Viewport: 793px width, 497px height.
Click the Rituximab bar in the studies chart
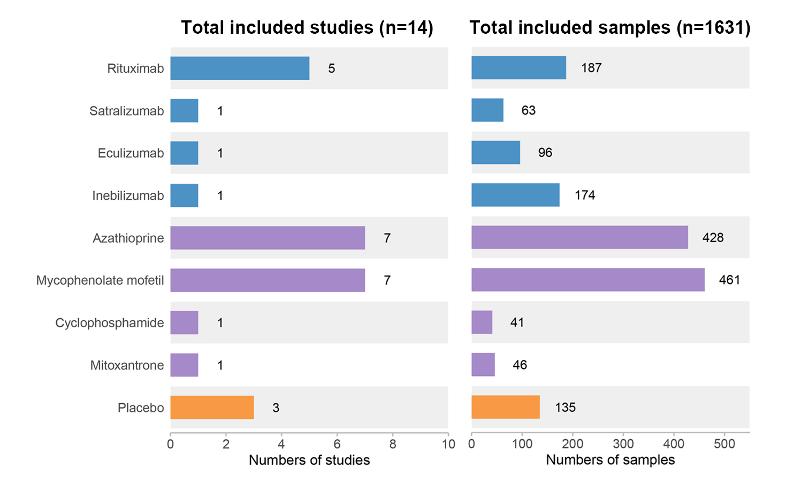[x=240, y=68]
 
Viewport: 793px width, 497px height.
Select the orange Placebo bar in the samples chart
[x=506, y=407]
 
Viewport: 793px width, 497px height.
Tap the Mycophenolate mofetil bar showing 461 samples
[x=588, y=280]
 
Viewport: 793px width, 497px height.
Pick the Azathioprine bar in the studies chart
[x=268, y=238]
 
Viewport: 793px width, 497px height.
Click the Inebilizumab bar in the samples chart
[x=515, y=195]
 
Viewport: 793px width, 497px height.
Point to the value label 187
[x=591, y=67]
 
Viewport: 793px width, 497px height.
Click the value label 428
[x=713, y=237]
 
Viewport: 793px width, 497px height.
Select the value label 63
[x=529, y=110]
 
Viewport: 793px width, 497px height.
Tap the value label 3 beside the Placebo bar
[x=276, y=408]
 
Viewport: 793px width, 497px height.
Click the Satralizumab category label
[x=127, y=111]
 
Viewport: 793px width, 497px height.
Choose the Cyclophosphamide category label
[x=110, y=323]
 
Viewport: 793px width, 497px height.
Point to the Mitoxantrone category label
[x=127, y=365]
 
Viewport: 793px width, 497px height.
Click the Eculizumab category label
[x=131, y=153]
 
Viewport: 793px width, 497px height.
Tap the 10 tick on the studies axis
[x=448, y=444]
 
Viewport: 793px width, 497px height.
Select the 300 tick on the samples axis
[x=623, y=444]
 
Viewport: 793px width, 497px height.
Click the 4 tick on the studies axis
[x=281, y=444]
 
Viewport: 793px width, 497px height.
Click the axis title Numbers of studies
[x=309, y=460]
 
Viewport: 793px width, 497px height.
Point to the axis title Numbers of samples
[x=611, y=460]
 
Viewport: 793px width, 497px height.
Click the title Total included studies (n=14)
[x=307, y=28]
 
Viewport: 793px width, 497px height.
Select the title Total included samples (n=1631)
[x=610, y=28]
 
